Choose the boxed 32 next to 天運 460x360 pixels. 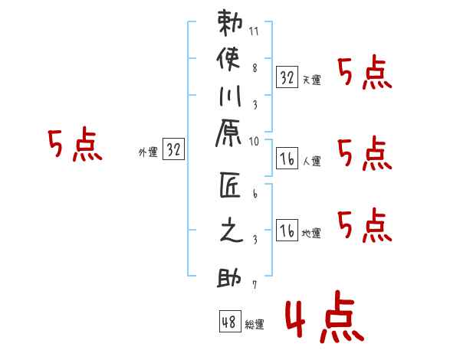(287, 77)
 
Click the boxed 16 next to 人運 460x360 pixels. (287, 159)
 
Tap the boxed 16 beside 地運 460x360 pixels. (287, 231)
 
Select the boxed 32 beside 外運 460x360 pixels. (174, 150)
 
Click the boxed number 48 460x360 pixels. (229, 322)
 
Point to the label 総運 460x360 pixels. (255, 325)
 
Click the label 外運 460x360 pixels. (148, 152)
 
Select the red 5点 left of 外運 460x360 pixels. (75, 145)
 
